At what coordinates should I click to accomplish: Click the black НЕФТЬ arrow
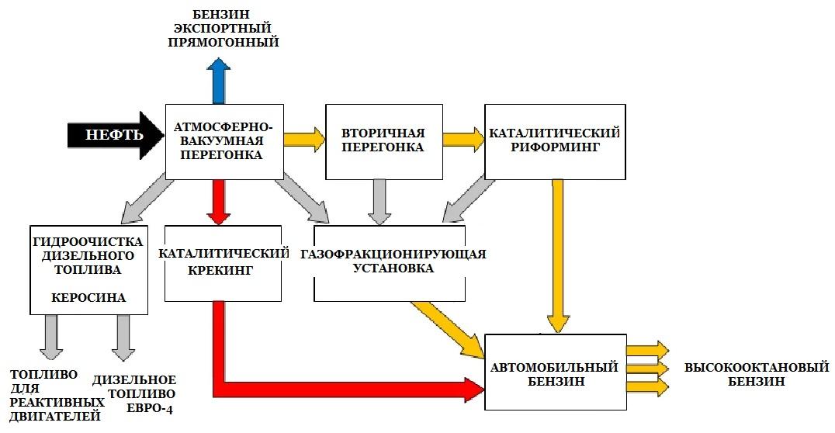[x=116, y=135]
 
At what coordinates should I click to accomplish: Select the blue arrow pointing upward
[x=219, y=81]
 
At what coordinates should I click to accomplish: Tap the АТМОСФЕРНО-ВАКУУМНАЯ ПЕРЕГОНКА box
[x=224, y=142]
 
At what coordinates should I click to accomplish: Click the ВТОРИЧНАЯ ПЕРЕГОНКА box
[x=384, y=142]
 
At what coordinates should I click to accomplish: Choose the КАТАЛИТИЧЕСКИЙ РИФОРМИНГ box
[x=555, y=142]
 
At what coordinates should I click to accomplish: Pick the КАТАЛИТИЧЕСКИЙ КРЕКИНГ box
[x=223, y=263]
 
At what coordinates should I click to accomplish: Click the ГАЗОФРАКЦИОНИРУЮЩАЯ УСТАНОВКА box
[x=390, y=263]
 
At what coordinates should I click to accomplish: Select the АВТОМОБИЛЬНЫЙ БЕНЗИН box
[x=556, y=372]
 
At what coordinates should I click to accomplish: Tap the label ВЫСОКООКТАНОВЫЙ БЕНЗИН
[x=757, y=374]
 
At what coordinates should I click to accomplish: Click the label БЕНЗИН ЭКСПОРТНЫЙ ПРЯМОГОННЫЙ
[x=223, y=28]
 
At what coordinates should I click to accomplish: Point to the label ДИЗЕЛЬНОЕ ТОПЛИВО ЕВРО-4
[x=134, y=394]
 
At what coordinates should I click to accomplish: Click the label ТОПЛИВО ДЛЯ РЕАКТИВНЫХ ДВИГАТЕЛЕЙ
[x=57, y=395]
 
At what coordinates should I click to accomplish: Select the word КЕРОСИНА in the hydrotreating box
[x=88, y=297]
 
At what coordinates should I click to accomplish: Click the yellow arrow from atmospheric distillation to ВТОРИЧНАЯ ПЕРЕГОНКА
[x=305, y=140]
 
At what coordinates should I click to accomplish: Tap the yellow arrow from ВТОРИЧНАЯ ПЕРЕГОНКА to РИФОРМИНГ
[x=464, y=140]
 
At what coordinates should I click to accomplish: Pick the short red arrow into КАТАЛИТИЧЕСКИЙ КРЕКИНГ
[x=219, y=203]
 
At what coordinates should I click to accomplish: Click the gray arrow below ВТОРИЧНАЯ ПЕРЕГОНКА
[x=379, y=203]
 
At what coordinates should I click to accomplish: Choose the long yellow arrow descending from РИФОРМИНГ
[x=558, y=257]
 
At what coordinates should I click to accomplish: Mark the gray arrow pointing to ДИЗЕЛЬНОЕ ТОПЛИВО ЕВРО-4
[x=123, y=338]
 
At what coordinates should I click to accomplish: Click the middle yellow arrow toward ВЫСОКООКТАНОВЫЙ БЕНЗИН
[x=647, y=369]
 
